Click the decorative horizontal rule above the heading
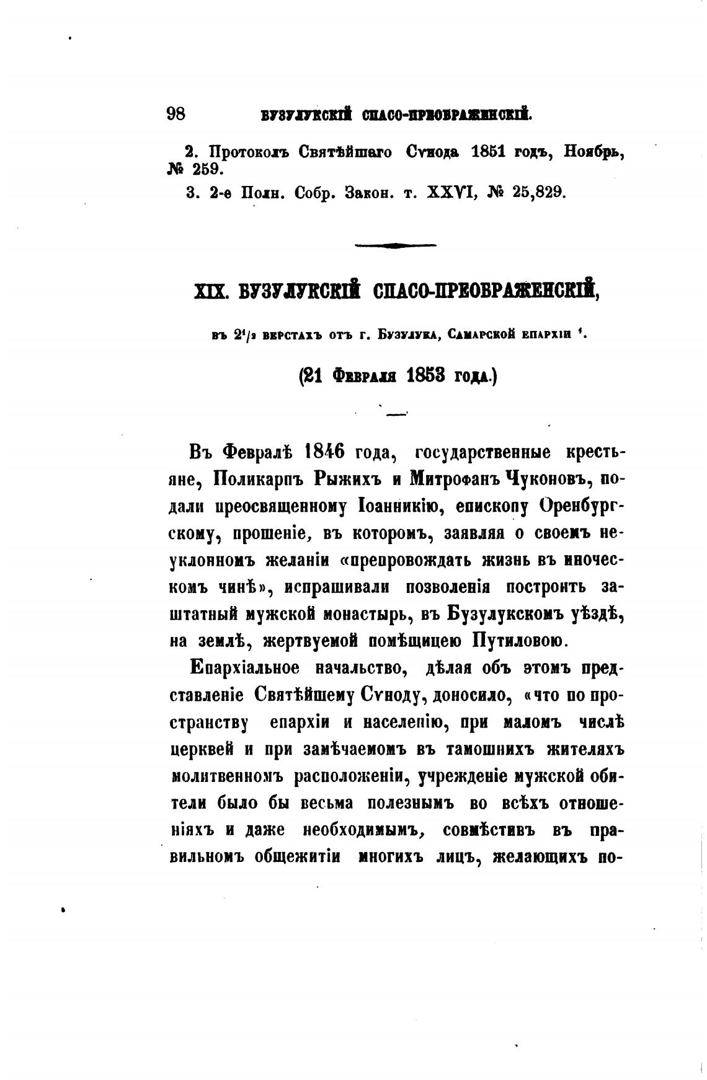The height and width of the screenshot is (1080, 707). point(395,245)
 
